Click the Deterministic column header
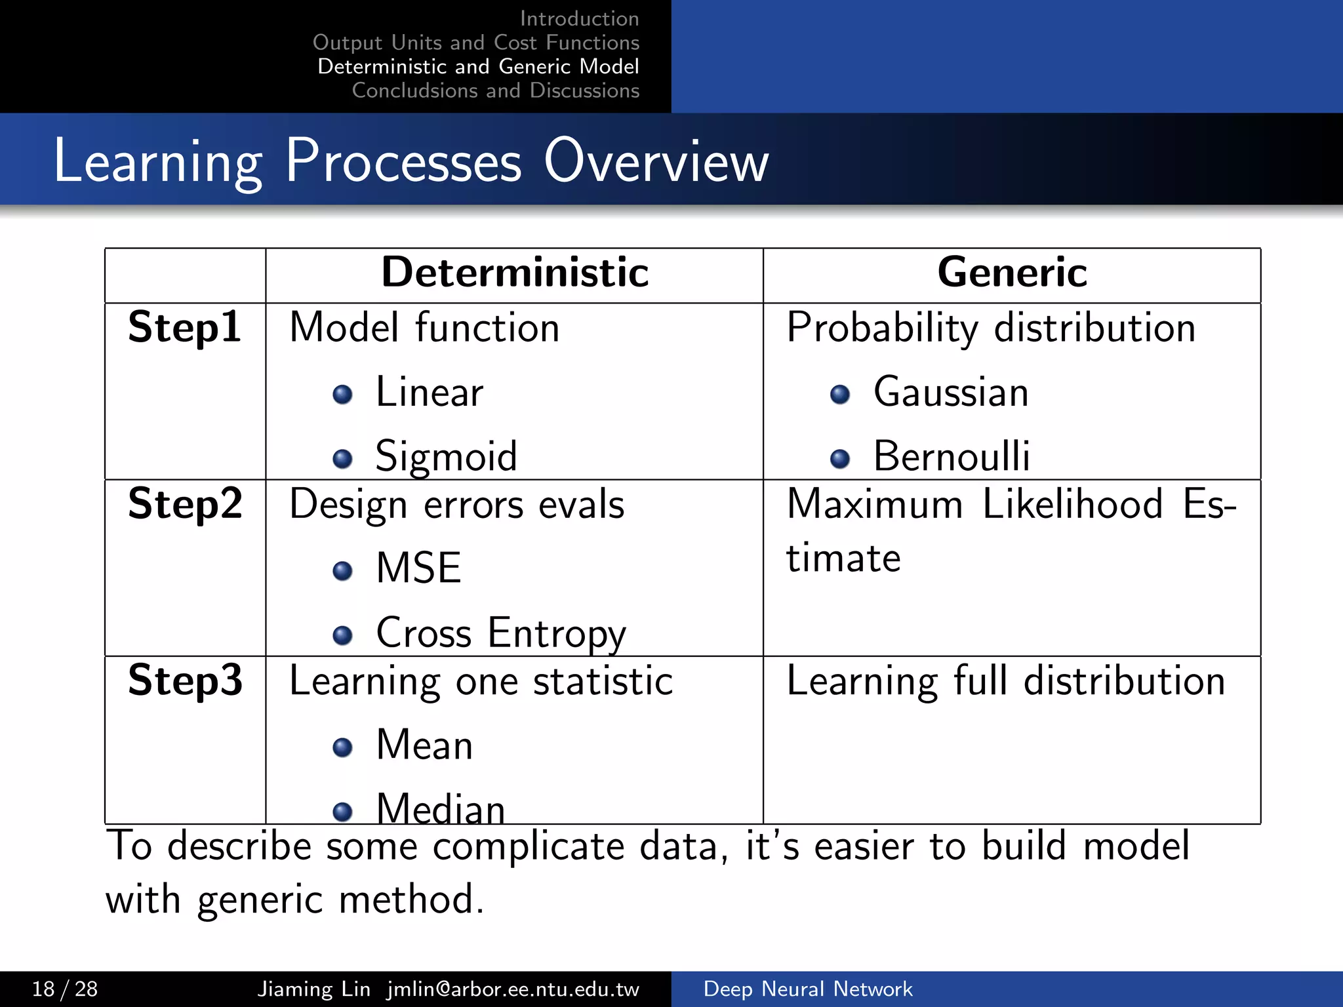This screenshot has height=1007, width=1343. coord(515,273)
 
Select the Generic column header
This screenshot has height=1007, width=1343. coord(1012,273)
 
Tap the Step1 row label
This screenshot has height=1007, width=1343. coord(184,327)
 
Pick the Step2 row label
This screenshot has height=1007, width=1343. coord(185,504)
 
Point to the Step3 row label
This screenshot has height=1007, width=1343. coord(185,681)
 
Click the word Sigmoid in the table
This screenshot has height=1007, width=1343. coord(446,457)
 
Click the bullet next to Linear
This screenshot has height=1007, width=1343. coord(342,394)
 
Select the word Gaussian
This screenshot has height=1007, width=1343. coord(951,393)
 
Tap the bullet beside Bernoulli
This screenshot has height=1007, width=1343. coord(839,458)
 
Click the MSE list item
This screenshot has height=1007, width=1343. coord(418,568)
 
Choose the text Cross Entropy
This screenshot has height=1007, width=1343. coord(501,634)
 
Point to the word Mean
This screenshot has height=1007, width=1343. coord(424,745)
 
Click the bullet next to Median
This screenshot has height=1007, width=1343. coord(342,812)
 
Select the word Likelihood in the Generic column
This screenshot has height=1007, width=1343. coord(1072,504)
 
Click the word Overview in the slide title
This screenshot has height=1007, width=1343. coord(656,161)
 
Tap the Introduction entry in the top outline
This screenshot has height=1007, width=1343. coord(579,18)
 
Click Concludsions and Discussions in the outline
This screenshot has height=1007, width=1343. coord(495,90)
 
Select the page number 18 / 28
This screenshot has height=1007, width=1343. coord(65,989)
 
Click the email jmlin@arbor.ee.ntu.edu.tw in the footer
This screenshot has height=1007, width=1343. coord(513,989)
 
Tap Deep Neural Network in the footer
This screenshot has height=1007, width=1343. coord(807,989)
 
